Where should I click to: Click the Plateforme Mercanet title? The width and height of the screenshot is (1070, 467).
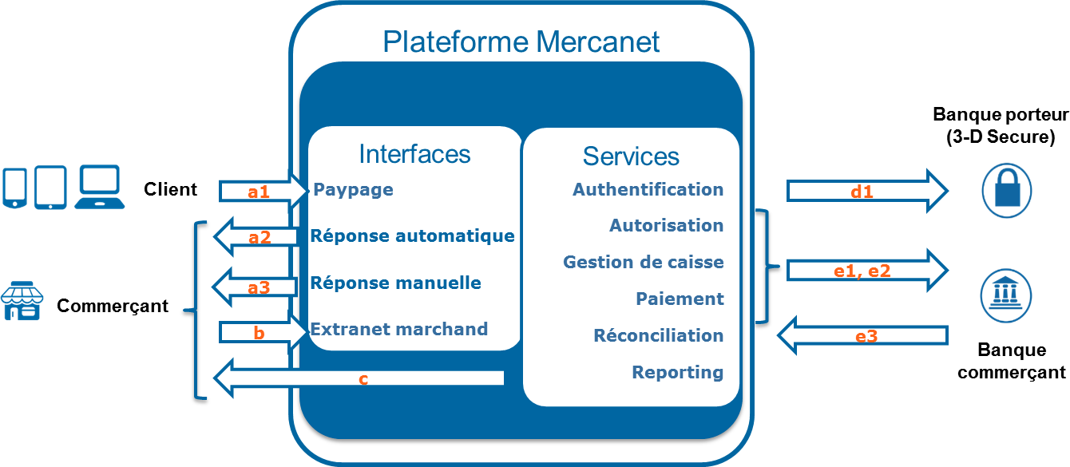tap(521, 42)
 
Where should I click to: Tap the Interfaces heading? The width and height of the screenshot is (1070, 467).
tap(414, 153)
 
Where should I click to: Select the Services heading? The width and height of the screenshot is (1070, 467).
tap(631, 156)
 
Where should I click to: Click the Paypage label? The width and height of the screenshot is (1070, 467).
tap(353, 190)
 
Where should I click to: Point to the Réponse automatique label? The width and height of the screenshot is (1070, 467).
tap(412, 236)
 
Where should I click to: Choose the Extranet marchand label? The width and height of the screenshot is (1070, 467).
tap(398, 329)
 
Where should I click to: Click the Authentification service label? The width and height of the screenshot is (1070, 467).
tap(648, 190)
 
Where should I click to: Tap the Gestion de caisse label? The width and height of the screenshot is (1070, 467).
tap(643, 262)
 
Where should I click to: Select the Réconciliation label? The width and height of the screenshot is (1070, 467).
tap(658, 335)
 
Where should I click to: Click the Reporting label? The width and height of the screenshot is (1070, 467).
tap(677, 372)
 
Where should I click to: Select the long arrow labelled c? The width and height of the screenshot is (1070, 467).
tap(359, 378)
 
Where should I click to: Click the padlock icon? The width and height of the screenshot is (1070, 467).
tap(1006, 190)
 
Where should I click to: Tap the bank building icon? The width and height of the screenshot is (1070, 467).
tap(1006, 296)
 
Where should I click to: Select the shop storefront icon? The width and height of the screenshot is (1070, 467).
tap(22, 301)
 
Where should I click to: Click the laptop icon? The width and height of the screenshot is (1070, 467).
tap(99, 187)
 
